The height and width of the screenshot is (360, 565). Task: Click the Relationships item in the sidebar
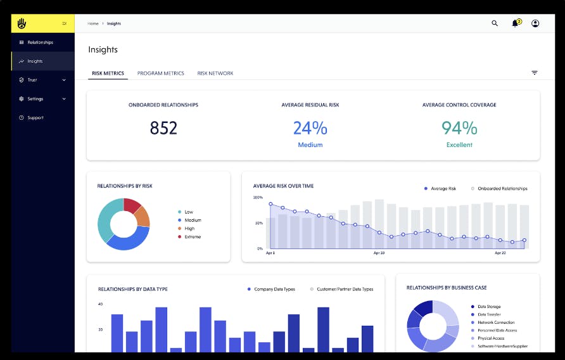point(40,42)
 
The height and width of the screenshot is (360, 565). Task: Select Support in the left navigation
point(35,118)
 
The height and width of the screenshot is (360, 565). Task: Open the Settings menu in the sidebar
point(35,99)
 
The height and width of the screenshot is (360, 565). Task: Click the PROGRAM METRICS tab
point(160,74)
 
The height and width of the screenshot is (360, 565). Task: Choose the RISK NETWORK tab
point(215,74)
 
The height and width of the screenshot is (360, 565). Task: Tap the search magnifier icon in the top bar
point(495,23)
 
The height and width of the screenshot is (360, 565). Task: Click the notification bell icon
point(515,23)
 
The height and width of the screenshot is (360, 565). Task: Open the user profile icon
point(535,23)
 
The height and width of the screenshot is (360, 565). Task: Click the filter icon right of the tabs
point(534,73)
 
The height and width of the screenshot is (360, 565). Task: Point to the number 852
point(163,128)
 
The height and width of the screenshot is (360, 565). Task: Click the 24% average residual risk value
point(310,128)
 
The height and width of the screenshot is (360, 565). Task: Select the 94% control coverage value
point(459,128)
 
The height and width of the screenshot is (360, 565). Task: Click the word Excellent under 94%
point(459,145)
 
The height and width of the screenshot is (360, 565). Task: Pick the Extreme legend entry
point(193,237)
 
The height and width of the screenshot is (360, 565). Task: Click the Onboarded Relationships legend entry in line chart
point(502,189)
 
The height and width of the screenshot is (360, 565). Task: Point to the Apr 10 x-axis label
point(379,253)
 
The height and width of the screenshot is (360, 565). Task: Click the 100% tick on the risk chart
point(258,198)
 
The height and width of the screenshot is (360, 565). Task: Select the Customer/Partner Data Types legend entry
point(345,289)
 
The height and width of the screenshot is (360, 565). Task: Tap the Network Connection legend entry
point(496,323)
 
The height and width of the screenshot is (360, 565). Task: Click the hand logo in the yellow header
point(22,23)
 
